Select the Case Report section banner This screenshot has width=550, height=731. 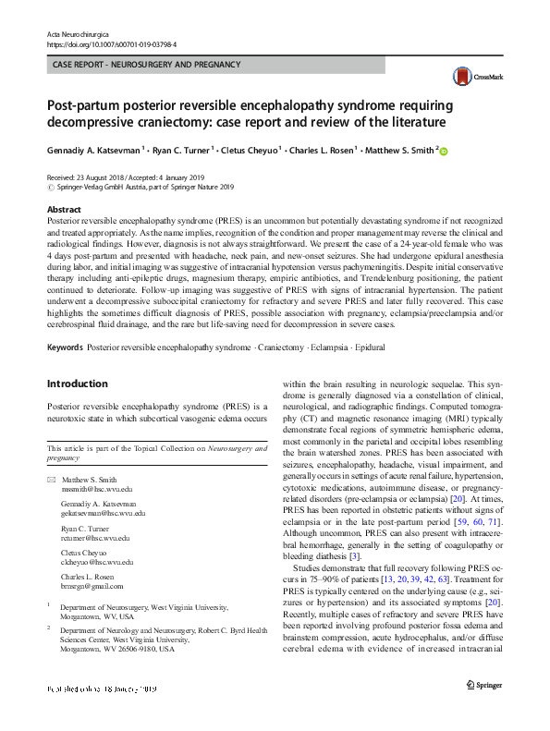click(147, 65)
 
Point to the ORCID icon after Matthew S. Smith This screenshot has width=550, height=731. click(443, 151)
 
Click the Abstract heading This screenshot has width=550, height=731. click(64, 210)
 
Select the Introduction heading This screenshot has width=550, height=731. click(77, 384)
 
